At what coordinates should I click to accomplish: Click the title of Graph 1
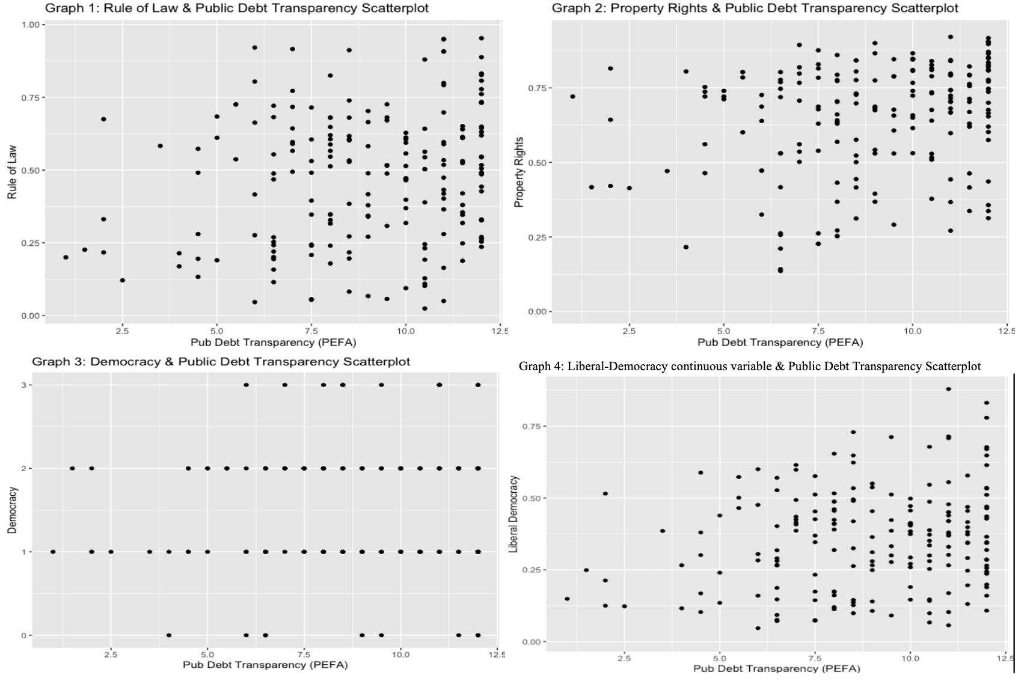[x=237, y=8]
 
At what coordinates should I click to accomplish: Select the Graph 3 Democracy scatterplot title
[x=221, y=362]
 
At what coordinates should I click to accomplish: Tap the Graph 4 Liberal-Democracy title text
[x=749, y=366]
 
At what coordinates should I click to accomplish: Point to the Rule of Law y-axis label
[x=12, y=172]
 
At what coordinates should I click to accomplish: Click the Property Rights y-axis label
[x=520, y=172]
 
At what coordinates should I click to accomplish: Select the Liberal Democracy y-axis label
[x=513, y=514]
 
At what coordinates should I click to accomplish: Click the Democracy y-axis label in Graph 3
[x=12, y=510]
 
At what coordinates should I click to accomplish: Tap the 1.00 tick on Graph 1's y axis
[x=30, y=25]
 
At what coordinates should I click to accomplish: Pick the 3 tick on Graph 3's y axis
[x=23, y=385]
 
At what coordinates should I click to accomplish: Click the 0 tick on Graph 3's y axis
[x=23, y=635]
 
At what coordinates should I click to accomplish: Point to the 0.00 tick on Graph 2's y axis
[x=536, y=311]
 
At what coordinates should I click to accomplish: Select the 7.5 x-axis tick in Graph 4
[x=815, y=658]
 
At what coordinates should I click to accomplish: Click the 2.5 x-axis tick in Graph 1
[x=122, y=331]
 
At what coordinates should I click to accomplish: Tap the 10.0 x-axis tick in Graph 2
[x=912, y=331]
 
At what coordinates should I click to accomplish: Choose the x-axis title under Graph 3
[x=265, y=665]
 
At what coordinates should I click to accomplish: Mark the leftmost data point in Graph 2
[x=572, y=96]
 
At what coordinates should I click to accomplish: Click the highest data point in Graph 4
[x=948, y=389]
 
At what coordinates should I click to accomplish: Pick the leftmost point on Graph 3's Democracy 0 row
[x=169, y=635]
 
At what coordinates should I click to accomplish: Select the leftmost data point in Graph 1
[x=66, y=257]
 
